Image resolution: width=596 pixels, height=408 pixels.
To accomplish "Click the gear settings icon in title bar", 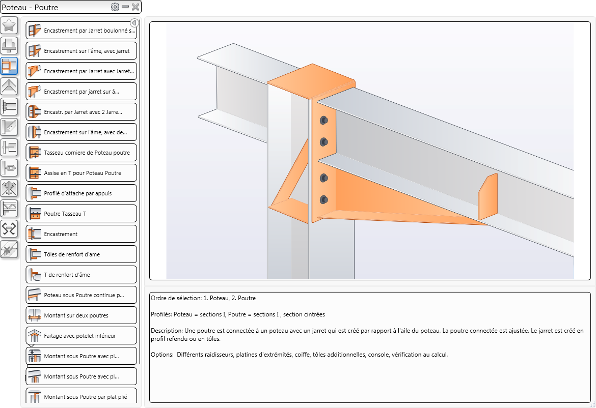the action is [115, 7].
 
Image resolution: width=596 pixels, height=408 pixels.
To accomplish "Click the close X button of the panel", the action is [136, 7].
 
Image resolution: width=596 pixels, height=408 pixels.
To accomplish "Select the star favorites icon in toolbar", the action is [9, 25].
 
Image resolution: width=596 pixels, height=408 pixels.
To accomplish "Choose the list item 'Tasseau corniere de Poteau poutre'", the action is [81, 153].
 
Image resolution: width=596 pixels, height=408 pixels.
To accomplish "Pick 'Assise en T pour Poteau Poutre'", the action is [81, 173].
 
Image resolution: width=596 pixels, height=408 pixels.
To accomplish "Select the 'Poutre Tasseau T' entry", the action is [81, 214].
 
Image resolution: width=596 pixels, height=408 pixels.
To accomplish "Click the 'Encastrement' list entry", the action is [81, 234].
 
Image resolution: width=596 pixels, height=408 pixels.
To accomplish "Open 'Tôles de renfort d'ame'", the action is [81, 254].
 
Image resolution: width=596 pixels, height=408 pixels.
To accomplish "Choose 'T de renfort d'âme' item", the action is [81, 275].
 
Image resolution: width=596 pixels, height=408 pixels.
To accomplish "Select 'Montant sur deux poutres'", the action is [81, 315].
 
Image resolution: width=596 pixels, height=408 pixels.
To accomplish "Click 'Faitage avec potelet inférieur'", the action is [81, 336].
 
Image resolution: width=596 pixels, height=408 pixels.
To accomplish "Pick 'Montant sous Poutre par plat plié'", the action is [81, 397].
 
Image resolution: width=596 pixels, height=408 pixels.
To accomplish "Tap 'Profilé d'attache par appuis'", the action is [81, 193].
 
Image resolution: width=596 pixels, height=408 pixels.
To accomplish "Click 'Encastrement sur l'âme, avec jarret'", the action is [81, 51].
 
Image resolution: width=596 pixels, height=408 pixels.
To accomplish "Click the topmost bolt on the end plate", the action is [324, 120].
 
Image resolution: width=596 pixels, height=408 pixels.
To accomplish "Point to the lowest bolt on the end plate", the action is [324, 199].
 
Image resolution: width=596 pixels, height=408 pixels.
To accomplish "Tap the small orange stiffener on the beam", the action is [487, 196].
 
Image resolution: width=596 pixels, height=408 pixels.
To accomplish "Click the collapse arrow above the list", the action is [134, 23].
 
